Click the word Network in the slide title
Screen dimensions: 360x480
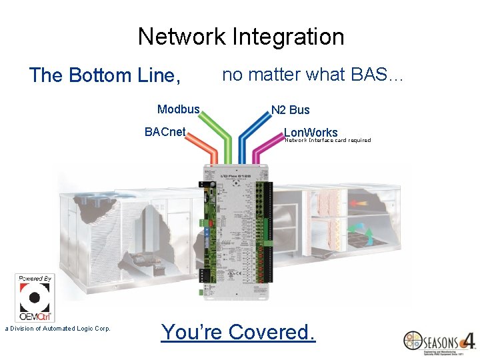181,37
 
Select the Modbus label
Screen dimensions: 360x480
178,109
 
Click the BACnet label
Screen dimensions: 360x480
165,132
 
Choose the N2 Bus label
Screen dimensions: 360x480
290,110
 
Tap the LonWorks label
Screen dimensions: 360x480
311,132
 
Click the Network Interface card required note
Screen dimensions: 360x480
327,141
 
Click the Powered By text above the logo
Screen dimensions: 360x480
35,278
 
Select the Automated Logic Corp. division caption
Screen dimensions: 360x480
58,328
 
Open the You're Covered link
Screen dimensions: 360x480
238,331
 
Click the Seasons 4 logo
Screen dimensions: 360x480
439,341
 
